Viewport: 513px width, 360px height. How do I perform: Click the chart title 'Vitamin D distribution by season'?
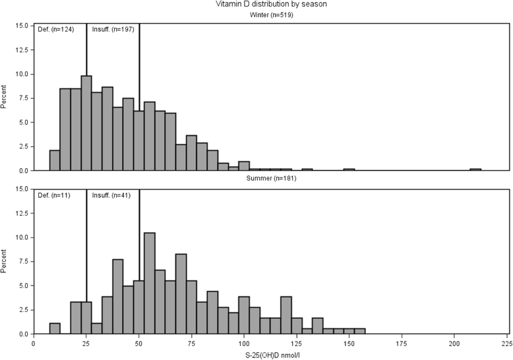click(271, 5)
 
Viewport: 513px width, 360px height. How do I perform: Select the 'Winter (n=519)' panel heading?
click(271, 15)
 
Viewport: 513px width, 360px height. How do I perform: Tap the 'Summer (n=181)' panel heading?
click(271, 179)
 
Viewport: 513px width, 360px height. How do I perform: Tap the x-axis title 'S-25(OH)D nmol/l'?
click(271, 355)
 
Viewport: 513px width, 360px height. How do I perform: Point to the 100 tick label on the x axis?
click(244, 344)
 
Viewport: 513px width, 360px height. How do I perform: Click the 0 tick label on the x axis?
click(34, 344)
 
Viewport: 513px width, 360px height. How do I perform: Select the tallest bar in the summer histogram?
click(150, 284)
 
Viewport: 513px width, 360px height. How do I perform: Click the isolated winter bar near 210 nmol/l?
click(475, 169)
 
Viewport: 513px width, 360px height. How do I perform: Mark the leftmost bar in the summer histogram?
click(55, 328)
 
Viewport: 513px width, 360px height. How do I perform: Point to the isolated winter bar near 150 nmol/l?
click(349, 169)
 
